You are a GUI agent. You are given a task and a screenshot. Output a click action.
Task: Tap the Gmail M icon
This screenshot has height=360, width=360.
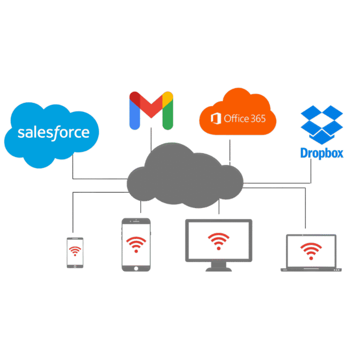coord(151,110)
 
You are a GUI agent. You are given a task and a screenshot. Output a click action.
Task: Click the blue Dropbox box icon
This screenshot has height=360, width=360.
coord(322,124)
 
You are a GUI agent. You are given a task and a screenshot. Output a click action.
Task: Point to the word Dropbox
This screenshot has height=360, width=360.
coord(322,153)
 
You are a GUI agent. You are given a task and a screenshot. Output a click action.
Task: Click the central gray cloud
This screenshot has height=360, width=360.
coord(185,176)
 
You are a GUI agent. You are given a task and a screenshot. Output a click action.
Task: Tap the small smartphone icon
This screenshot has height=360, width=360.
coord(75,253)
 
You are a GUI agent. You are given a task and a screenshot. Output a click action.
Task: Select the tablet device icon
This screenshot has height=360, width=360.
coord(136,244)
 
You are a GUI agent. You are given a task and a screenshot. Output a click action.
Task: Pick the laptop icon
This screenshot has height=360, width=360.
coord(311,254)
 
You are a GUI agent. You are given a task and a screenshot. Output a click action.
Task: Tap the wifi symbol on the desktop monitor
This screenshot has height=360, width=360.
coord(218,239)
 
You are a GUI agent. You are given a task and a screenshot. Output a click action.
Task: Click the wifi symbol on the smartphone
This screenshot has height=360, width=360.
coord(75,252)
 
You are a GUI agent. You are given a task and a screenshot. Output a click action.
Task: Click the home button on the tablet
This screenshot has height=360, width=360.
coord(136,268)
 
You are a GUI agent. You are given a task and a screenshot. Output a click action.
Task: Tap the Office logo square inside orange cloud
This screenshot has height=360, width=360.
coord(216,118)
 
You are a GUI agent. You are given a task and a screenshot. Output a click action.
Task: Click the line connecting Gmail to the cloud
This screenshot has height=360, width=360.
coord(151,138)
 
